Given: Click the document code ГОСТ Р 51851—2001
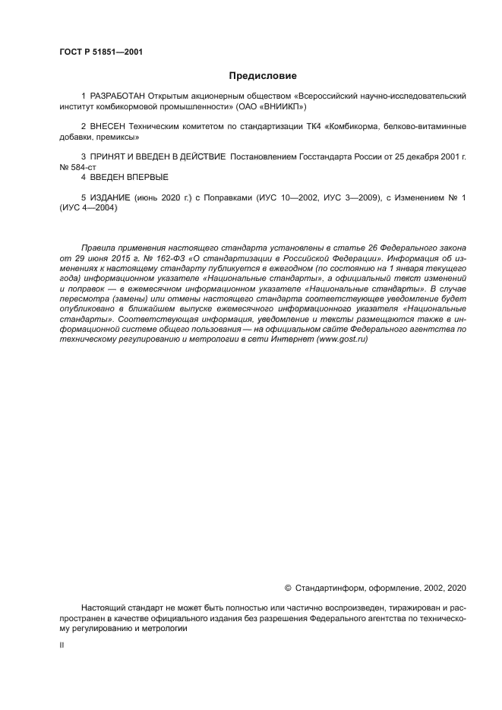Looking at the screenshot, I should [100, 52].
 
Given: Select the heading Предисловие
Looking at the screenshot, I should [263, 76].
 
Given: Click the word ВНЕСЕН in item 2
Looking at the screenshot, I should [107, 126].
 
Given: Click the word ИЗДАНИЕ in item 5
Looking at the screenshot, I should [109, 197].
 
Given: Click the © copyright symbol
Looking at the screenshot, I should [288, 587].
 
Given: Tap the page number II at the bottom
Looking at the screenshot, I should [62, 645].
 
